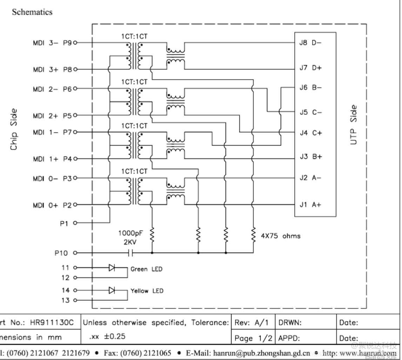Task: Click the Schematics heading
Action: [x=32, y=12]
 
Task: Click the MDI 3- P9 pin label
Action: [x=52, y=43]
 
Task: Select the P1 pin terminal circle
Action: [x=75, y=222]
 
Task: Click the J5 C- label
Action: [x=310, y=112]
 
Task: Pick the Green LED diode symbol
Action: [x=112, y=268]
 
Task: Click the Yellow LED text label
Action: [x=147, y=291]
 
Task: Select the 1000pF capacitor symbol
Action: [x=130, y=252]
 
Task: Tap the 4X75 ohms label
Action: [x=281, y=236]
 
